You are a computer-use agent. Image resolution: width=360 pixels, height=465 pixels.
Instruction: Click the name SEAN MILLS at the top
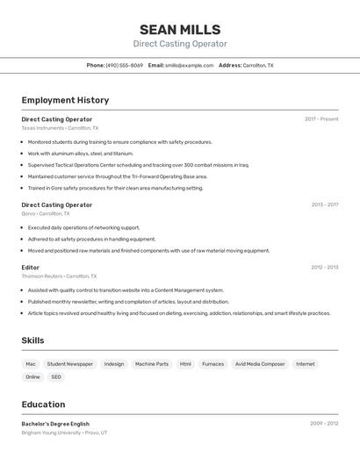tap(180, 30)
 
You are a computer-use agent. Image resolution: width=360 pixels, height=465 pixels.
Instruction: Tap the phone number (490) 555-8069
tap(124, 65)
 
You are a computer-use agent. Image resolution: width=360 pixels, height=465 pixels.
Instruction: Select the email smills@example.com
tap(189, 65)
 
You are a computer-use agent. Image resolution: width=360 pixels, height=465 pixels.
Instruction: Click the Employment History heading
tap(65, 100)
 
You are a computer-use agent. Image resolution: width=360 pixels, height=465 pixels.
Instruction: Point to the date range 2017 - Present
tap(321, 119)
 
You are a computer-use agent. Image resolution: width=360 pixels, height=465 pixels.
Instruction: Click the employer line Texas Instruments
tap(60, 128)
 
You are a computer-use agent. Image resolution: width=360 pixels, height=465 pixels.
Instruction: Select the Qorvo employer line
tap(46, 213)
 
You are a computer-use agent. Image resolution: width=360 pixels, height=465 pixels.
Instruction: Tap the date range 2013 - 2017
tap(324, 204)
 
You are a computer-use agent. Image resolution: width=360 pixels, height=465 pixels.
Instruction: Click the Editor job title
tap(31, 268)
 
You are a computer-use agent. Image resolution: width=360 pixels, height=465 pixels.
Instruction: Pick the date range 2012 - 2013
tap(324, 268)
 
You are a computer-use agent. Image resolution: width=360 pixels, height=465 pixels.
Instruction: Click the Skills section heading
tap(32, 340)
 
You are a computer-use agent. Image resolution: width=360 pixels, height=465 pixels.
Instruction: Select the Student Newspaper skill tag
tap(69, 364)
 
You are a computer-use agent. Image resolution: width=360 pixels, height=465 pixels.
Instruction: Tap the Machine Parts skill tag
tap(152, 364)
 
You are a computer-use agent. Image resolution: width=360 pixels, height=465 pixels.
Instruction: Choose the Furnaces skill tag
tap(212, 364)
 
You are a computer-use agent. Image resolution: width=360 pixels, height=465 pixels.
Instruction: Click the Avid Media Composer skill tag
tap(260, 364)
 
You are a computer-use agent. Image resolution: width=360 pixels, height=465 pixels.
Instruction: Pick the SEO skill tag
tap(56, 377)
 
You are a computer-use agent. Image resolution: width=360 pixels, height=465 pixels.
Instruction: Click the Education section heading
tap(43, 404)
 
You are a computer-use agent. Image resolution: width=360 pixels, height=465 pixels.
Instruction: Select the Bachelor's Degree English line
tap(55, 424)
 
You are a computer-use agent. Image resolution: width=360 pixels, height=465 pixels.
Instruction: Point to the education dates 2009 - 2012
tap(324, 424)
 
